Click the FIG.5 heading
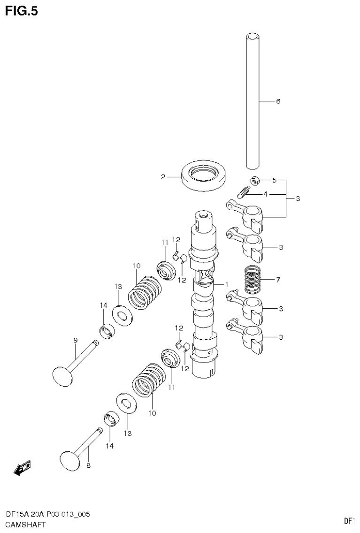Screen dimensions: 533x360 tap(21, 11)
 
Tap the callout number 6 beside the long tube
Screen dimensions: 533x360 tap(278, 101)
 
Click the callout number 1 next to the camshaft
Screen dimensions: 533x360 tap(226, 284)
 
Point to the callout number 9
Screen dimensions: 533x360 tap(75, 341)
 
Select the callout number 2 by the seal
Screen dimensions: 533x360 tap(163, 177)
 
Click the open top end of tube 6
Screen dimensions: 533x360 tap(253, 36)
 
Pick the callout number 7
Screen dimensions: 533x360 tap(278, 280)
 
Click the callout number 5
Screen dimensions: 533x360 tap(275, 180)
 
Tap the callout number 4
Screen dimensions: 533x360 tap(265, 194)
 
